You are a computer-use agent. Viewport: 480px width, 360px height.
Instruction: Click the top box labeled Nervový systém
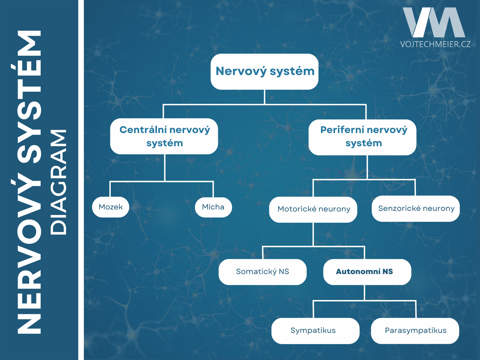pos(264,71)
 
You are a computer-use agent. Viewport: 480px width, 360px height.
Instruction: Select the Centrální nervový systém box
pos(164,136)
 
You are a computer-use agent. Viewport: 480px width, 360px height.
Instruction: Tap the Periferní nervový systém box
pos(362,137)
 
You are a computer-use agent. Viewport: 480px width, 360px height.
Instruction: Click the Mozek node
pos(110,207)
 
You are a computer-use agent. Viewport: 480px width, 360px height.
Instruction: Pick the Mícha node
pos(213,207)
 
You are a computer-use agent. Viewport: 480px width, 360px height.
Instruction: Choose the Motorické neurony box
pos(313,210)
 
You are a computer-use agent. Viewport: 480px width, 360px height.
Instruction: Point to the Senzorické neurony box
pos(416,209)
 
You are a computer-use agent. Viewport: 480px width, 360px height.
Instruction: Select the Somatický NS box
pos(262,272)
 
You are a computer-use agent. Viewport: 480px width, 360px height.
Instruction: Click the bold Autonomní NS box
pos(367,272)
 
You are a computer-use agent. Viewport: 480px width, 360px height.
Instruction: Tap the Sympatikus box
pos(315,331)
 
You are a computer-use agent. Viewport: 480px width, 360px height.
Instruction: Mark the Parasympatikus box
pos(415,331)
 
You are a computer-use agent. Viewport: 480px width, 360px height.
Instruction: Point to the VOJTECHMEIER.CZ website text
pos(435,44)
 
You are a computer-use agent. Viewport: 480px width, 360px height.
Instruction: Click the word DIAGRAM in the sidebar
pos(58,182)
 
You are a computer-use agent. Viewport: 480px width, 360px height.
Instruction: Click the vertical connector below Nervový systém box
pos(265,97)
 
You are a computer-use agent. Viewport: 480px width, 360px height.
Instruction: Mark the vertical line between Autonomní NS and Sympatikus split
pos(364,293)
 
